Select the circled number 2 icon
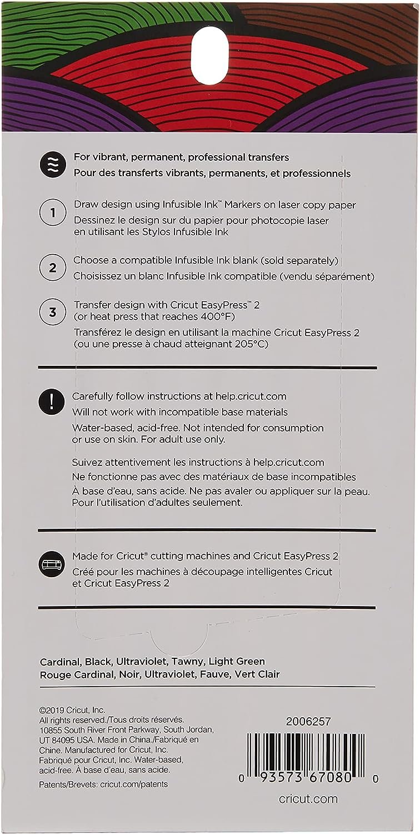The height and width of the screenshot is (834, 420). coord(52,268)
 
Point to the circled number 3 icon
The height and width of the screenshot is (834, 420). coord(52,312)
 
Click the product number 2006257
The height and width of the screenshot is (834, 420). coord(308,722)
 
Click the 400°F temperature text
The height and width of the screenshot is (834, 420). coord(219,317)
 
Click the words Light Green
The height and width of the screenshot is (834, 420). coord(238,662)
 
